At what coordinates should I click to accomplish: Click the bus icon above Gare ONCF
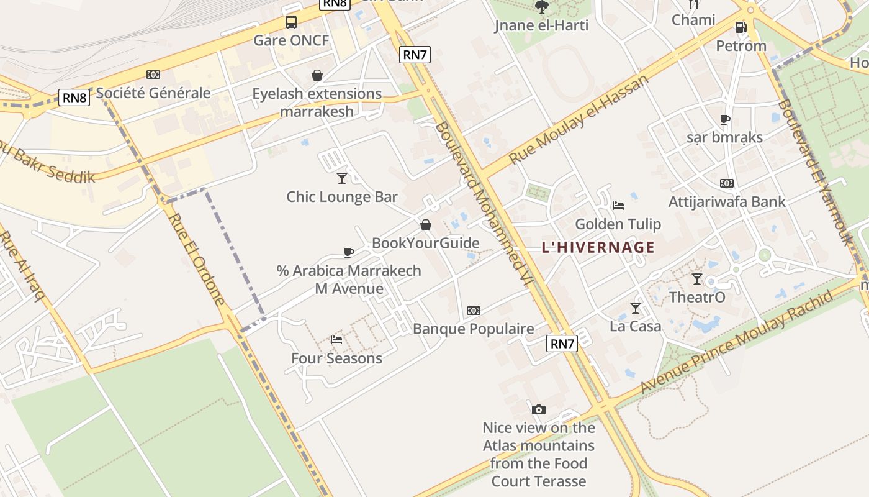[290, 22]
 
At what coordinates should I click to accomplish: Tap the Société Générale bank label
[153, 93]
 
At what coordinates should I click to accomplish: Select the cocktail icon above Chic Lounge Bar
[341, 178]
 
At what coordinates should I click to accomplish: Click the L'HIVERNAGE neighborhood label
[598, 247]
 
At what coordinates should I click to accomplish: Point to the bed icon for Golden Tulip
[618, 205]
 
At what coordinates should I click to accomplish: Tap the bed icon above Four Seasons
[336, 339]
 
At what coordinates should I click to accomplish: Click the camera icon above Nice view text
[539, 409]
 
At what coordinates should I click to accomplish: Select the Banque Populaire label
[473, 329]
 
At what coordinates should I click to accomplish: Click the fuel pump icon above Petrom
[740, 27]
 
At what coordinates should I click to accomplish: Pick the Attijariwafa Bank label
[726, 202]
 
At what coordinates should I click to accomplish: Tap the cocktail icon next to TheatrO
[697, 278]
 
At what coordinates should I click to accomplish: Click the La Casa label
[635, 326]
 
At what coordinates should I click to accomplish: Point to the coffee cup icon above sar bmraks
[724, 119]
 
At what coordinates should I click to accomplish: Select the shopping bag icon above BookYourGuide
[426, 225]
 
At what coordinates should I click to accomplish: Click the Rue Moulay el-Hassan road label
[579, 119]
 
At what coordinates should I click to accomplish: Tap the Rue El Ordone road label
[196, 260]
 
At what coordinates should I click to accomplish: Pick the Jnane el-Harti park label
[541, 25]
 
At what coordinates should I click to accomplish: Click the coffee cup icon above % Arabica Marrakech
[349, 252]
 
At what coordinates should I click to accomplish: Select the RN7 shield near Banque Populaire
[562, 344]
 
